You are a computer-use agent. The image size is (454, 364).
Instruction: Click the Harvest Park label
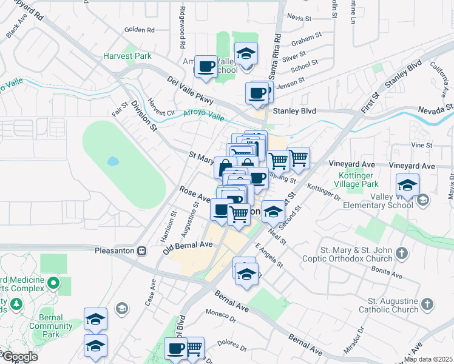click(x=127, y=56)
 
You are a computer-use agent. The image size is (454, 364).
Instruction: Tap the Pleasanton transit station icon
click(x=141, y=250)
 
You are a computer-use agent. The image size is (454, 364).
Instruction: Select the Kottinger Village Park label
click(x=357, y=180)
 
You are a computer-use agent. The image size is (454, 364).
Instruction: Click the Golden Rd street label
click(x=140, y=29)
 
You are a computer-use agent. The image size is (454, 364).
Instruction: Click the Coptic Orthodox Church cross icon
click(x=401, y=252)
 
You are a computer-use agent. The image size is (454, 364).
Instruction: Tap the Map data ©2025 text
click(x=428, y=359)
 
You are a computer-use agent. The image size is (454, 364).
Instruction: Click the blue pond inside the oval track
click(x=112, y=162)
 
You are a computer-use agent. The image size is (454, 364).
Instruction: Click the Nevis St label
click(x=299, y=18)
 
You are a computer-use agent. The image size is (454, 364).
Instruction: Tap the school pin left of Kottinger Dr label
click(x=274, y=212)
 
